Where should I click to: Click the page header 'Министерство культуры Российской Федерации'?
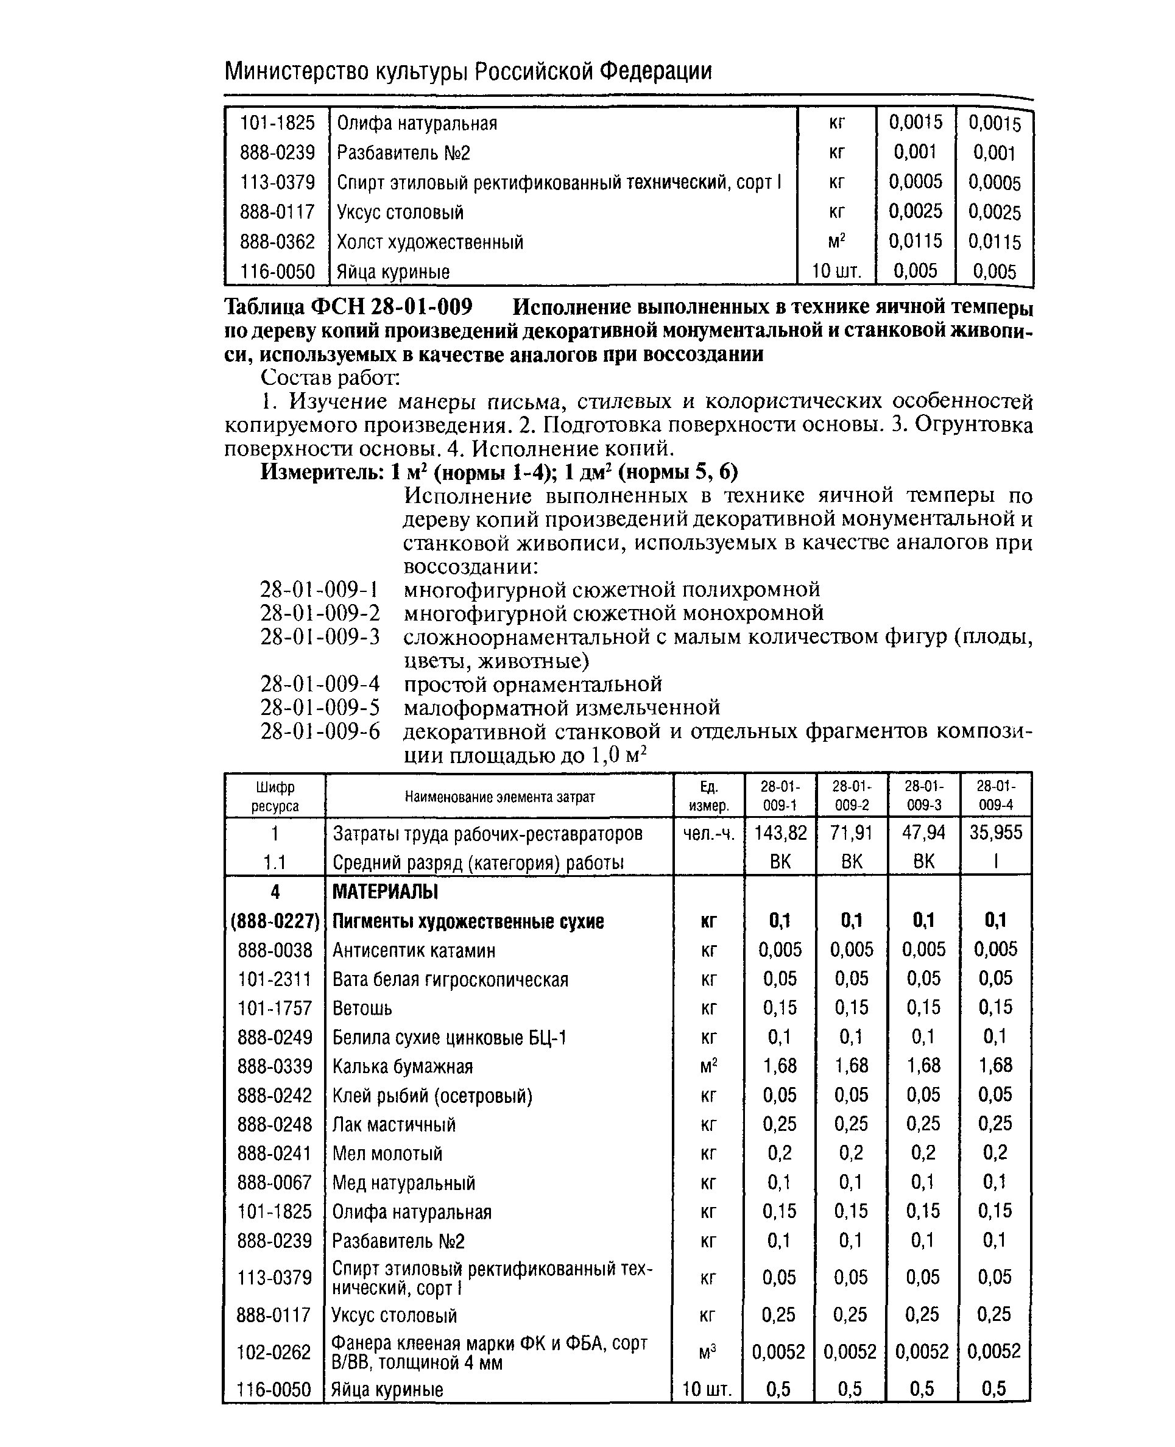(x=468, y=71)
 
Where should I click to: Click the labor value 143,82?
(x=780, y=833)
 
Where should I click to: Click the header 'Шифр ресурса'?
(x=275, y=796)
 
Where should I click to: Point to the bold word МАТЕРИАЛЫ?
(x=385, y=892)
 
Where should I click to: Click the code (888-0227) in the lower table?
(x=275, y=921)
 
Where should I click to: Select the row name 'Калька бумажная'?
(x=402, y=1066)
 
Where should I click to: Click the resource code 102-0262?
(x=274, y=1352)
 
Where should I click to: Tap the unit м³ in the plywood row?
(x=707, y=1352)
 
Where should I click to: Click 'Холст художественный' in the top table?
(x=430, y=242)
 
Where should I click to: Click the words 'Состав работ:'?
(x=330, y=378)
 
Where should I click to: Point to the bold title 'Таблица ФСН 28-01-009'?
(x=348, y=308)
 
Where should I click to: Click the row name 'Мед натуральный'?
(x=403, y=1183)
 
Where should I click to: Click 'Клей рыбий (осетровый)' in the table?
(x=432, y=1096)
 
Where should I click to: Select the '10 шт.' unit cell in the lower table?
(x=707, y=1390)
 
